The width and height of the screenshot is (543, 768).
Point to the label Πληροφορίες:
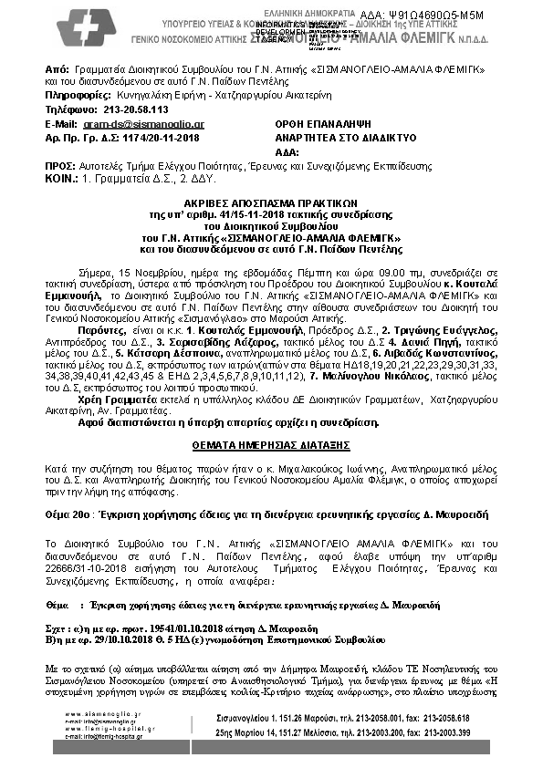coord(77,94)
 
